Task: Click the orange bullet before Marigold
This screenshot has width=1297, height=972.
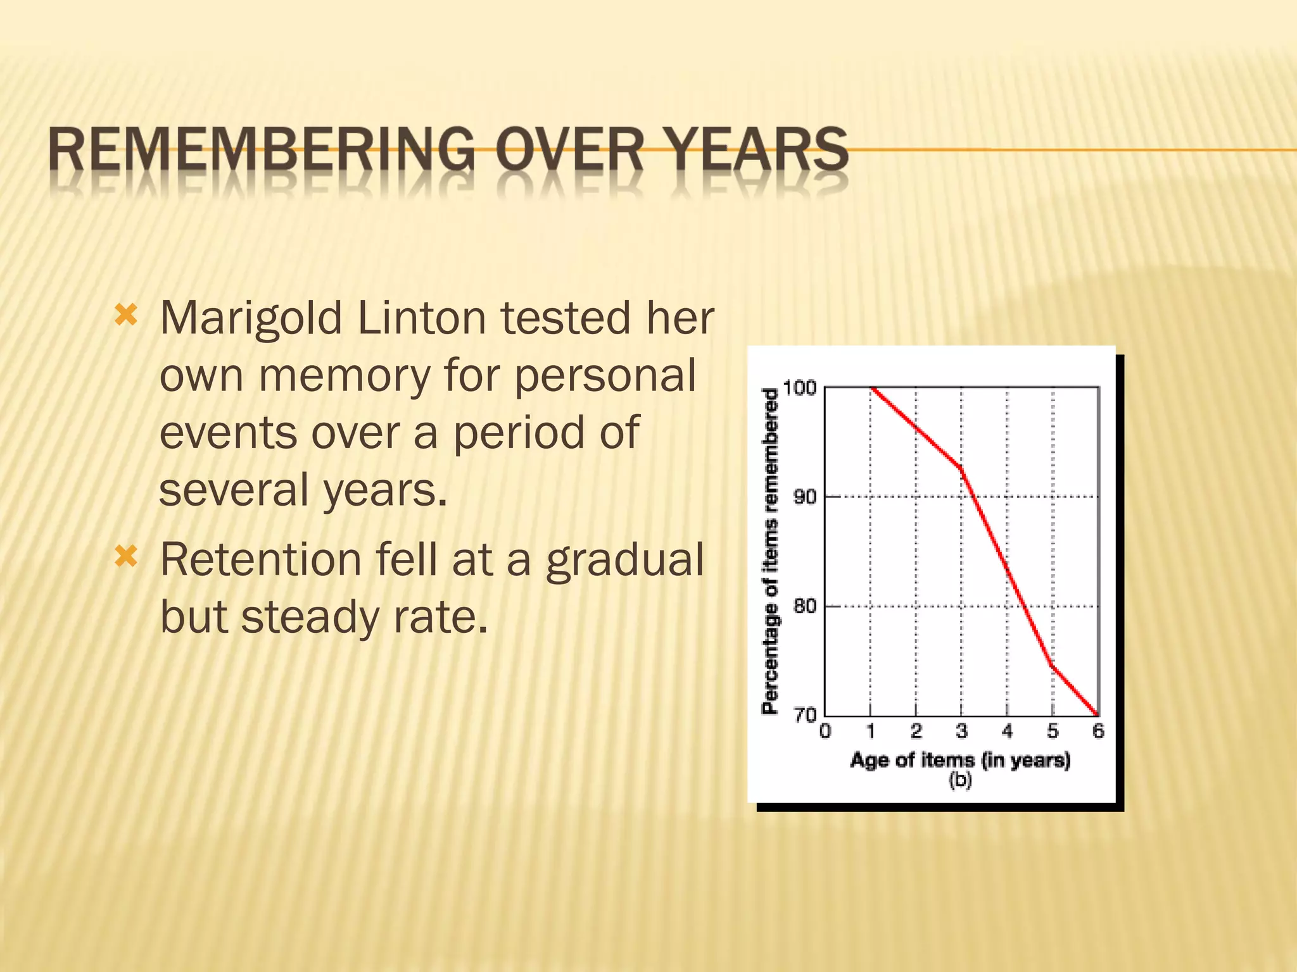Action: coord(126,315)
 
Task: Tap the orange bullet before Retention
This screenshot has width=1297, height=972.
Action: coord(126,557)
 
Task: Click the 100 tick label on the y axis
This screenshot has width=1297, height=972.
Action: coord(799,388)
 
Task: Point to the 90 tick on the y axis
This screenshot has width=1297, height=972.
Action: coord(805,497)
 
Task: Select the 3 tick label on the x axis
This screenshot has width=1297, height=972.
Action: coord(961,732)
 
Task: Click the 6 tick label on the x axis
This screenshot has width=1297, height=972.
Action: coord(1098,732)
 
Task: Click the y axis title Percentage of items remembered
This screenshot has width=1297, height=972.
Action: coord(769,551)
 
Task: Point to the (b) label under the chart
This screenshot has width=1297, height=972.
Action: coord(960,780)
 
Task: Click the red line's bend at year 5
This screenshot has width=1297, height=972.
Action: coord(1052,665)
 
